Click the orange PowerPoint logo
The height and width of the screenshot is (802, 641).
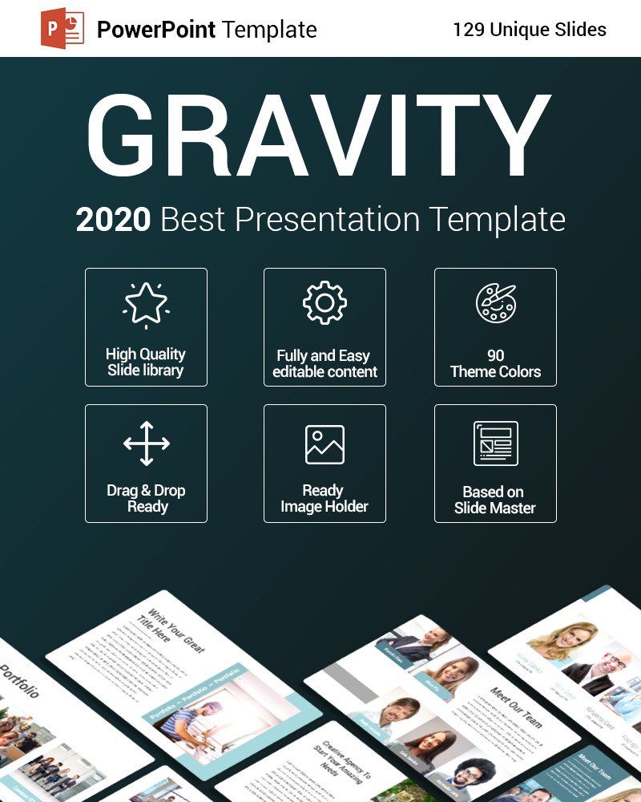pyautogui.click(x=63, y=30)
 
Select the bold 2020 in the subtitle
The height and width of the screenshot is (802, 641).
pyautogui.click(x=113, y=220)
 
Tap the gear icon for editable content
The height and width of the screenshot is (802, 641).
pyautogui.click(x=325, y=303)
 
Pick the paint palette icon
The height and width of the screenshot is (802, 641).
pyautogui.click(x=495, y=303)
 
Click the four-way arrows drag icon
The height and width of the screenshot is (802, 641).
pyautogui.click(x=146, y=443)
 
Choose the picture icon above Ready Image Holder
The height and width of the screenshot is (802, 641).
pyautogui.click(x=325, y=444)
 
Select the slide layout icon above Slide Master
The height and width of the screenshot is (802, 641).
pyautogui.click(x=495, y=444)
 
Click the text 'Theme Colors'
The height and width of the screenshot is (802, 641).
pyautogui.click(x=495, y=371)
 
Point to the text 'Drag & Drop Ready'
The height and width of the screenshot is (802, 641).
pyautogui.click(x=146, y=498)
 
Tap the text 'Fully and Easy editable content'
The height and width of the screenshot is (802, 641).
pyautogui.click(x=325, y=363)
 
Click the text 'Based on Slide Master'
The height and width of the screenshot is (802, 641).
pyautogui.click(x=494, y=500)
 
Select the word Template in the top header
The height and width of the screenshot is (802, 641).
pyautogui.click(x=270, y=30)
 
